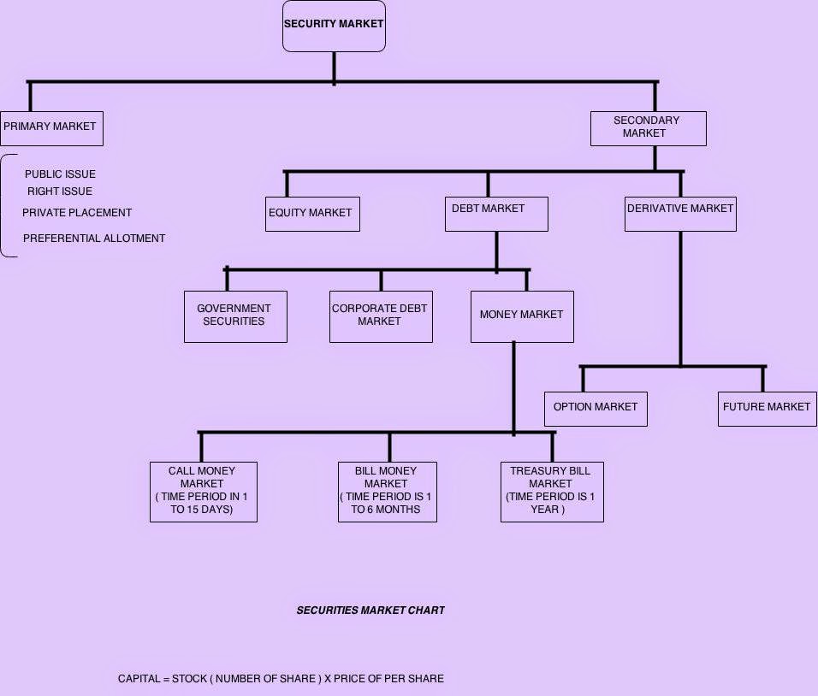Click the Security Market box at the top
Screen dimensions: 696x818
[334, 26]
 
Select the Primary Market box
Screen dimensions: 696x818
[51, 127]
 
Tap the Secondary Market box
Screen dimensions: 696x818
[648, 127]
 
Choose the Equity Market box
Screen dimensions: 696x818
[312, 214]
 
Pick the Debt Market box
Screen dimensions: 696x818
[496, 214]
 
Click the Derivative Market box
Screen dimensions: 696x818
[680, 214]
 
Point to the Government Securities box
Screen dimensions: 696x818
[235, 316]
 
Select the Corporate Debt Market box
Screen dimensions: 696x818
[381, 316]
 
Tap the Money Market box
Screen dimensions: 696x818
[522, 316]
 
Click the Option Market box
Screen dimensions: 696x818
[596, 409]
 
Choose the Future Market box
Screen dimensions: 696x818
[767, 409]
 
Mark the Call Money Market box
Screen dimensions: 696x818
[203, 492]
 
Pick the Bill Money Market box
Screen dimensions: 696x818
[387, 492]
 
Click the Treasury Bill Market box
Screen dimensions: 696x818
[551, 492]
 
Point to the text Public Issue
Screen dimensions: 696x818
[60, 174]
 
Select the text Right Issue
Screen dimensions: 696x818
[60, 192]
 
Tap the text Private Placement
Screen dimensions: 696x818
[77, 213]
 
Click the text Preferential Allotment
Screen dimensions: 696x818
[94, 239]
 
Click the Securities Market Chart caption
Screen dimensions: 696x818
[370, 610]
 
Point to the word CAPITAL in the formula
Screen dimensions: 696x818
[139, 679]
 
